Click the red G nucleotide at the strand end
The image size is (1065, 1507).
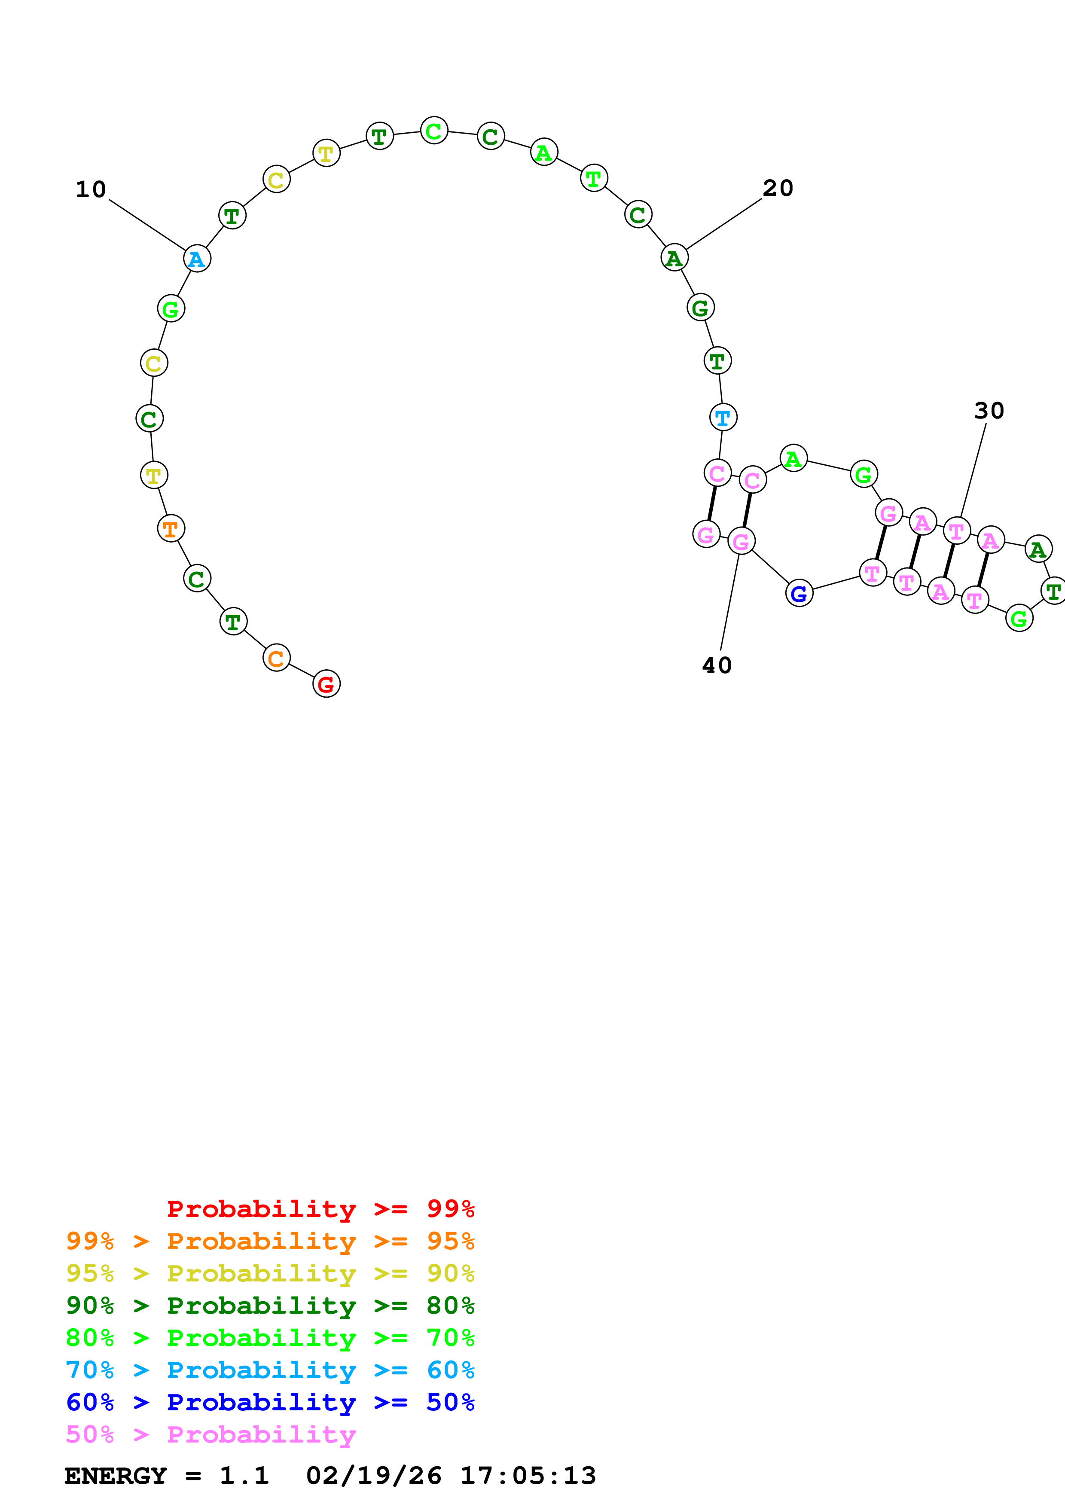point(326,684)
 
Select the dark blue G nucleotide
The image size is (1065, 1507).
point(799,593)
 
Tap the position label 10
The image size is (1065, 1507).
point(91,190)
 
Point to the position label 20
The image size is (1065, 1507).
point(778,188)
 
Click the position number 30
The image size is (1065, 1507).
point(988,411)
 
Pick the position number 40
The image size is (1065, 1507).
point(717,665)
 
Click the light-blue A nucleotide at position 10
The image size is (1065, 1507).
point(197,259)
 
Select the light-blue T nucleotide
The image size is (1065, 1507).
point(723,418)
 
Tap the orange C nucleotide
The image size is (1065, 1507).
point(276,658)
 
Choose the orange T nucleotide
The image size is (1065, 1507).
point(171,528)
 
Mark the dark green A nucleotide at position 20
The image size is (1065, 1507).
point(674,258)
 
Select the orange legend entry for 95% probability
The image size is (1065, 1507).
point(270,1241)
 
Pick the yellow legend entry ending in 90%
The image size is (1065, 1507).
point(270,1273)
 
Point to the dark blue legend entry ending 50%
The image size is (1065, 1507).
point(270,1403)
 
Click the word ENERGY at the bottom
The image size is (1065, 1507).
point(116,1476)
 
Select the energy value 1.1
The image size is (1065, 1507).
point(244,1476)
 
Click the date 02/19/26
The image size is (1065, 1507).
point(373,1476)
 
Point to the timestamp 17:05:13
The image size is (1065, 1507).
point(528,1476)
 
